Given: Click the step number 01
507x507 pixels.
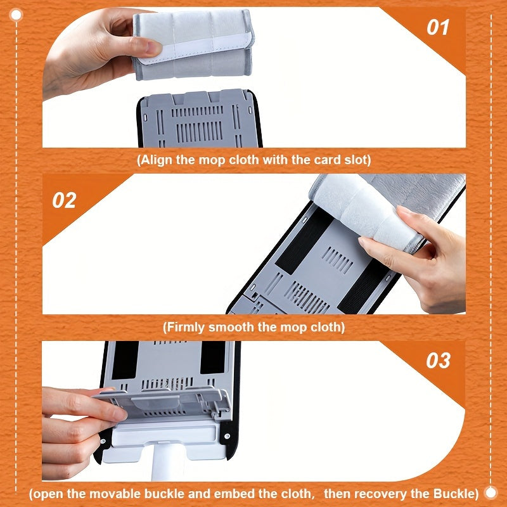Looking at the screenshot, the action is pos(438,27).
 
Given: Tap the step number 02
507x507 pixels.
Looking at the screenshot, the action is pos(64,200).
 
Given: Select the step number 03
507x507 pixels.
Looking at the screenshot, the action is pos(438,360).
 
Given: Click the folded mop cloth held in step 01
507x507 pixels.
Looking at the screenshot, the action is pos(193,44).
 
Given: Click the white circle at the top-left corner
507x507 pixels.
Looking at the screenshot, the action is pos(16,15).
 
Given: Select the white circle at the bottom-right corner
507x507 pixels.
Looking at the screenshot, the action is pos(491,492).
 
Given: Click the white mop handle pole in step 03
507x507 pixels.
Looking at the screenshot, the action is pos(168,463).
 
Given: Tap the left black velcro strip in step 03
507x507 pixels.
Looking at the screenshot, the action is pos(125,360).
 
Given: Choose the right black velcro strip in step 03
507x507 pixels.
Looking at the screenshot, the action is pos(213,357).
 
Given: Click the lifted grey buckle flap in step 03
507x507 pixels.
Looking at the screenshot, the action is pos(162,405).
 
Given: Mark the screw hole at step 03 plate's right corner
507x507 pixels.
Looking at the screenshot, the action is pos(228,436).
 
